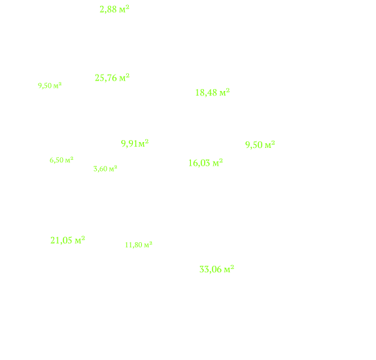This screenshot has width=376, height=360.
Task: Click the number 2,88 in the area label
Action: pos(108,10)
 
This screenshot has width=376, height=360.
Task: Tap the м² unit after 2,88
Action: pos(124,9)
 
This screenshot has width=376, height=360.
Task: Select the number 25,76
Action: pos(106,78)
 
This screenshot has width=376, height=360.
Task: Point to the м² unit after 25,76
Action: pos(124,77)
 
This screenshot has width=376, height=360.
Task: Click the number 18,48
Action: pos(206,93)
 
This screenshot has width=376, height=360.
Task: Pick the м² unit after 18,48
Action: pos(225,92)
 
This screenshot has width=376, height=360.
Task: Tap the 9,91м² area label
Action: pos(135,143)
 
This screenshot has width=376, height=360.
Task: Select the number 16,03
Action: pos(199,163)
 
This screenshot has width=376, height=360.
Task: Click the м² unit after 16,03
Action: pos(218,163)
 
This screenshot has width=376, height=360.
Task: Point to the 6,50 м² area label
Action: pos(61,160)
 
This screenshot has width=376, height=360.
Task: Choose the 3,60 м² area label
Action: pos(105,169)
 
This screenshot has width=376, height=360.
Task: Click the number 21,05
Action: pos(61,240)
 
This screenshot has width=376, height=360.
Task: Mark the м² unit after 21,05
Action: pos(80,240)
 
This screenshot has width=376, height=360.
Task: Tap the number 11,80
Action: pos(133,245)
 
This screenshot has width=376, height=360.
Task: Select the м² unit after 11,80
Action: pos(148,245)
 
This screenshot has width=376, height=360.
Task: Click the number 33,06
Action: pos(211,270)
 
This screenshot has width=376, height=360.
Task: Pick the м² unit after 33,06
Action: pos(229,269)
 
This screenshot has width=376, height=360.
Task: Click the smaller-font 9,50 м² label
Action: pos(50,86)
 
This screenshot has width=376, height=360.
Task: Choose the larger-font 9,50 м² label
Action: pos(260,145)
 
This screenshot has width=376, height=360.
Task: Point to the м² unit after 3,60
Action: pos(113,168)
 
